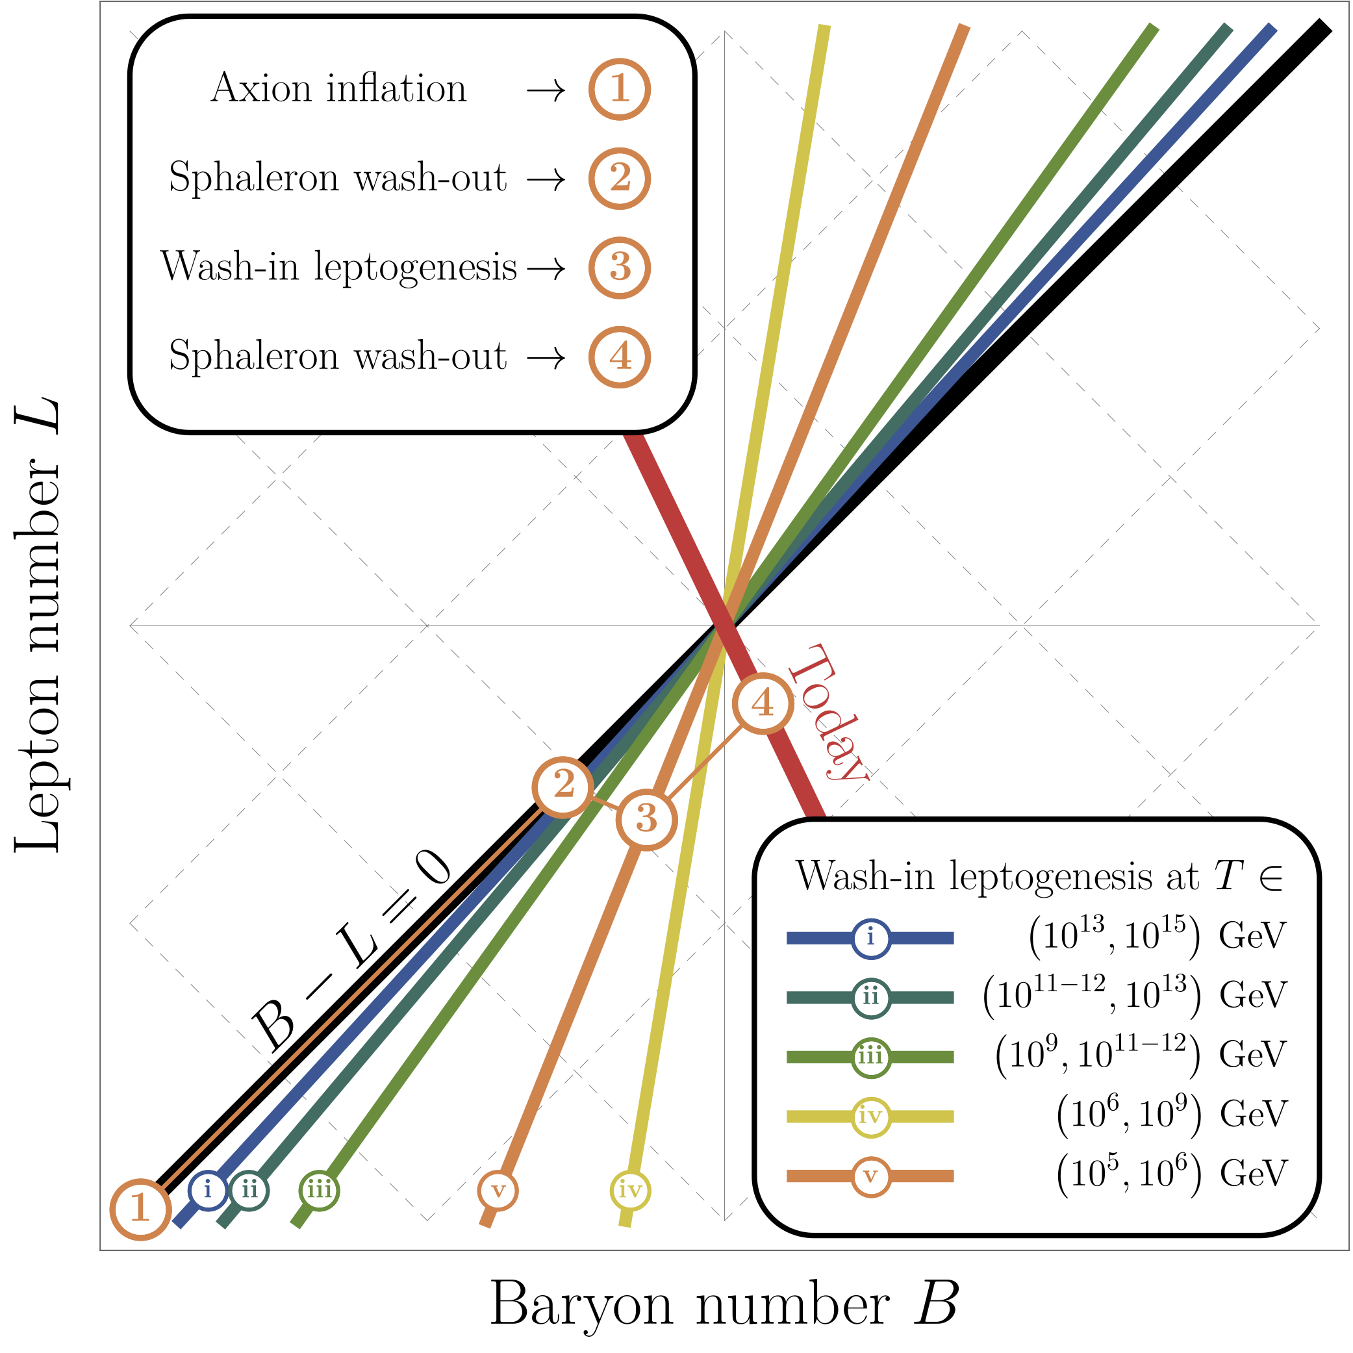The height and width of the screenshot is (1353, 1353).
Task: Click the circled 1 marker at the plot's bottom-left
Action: pyautogui.click(x=141, y=1209)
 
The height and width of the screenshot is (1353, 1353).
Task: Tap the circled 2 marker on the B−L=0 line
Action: pyautogui.click(x=564, y=787)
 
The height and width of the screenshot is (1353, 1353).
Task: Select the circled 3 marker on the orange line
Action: pyautogui.click(x=646, y=819)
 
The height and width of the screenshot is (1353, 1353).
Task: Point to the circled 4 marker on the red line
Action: pyautogui.click(x=763, y=703)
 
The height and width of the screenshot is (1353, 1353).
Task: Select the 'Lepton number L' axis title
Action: pyautogui.click(x=38, y=625)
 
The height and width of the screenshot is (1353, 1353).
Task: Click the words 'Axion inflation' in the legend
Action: pyautogui.click(x=338, y=89)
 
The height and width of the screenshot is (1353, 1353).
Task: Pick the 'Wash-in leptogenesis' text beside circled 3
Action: pyautogui.click(x=338, y=267)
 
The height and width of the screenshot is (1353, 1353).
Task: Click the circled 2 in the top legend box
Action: pyautogui.click(x=620, y=179)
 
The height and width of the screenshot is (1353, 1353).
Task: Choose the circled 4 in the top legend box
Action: pyautogui.click(x=620, y=357)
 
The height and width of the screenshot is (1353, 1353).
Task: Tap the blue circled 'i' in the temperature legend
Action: pyautogui.click(x=871, y=938)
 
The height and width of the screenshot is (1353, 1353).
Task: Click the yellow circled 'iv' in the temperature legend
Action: pyautogui.click(x=871, y=1117)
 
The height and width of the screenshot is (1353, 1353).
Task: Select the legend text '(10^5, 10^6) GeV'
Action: pyautogui.click(x=1171, y=1175)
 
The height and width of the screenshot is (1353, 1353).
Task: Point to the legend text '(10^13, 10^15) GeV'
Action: pyautogui.click(x=1157, y=936)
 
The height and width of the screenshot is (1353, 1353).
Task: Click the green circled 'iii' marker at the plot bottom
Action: pyautogui.click(x=320, y=1190)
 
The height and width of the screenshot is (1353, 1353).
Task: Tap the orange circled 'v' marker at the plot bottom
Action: pyautogui.click(x=498, y=1190)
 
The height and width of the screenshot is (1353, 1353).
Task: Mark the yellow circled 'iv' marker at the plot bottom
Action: pyautogui.click(x=630, y=1190)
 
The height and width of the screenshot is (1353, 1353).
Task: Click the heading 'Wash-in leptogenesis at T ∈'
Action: pyautogui.click(x=1039, y=876)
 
